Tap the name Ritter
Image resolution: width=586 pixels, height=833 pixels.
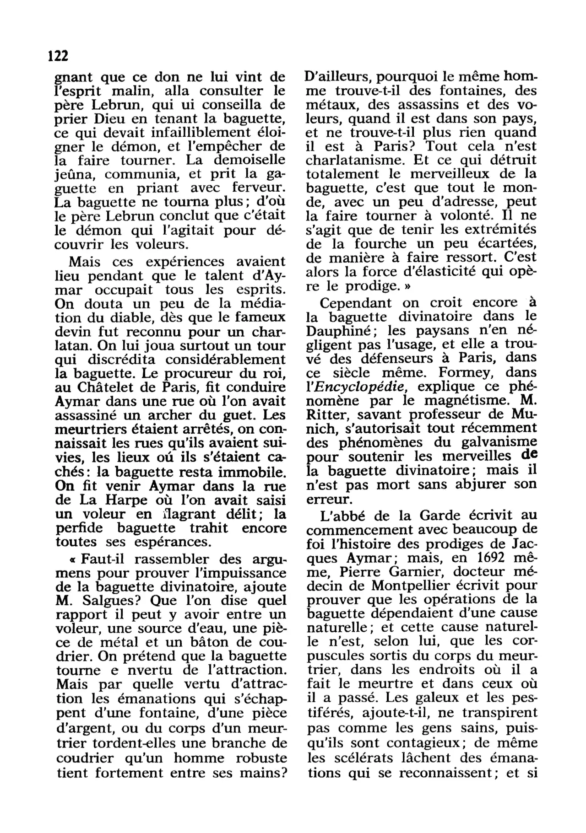pos(328,414)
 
